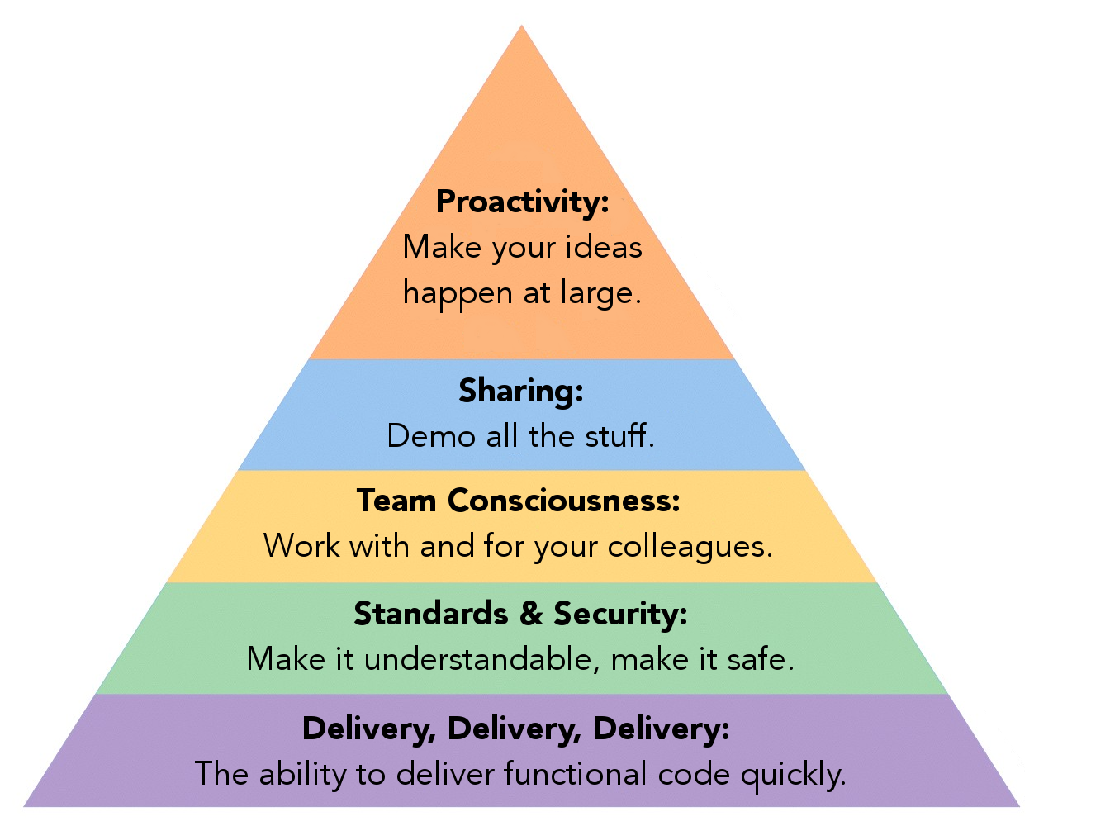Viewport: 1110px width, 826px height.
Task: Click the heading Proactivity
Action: [523, 202]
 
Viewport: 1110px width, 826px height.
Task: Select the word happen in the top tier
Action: [458, 293]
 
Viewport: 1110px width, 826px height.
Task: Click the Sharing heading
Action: [521, 391]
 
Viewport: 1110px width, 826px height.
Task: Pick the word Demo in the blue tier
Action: [431, 436]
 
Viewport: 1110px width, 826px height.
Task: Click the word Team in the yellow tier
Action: [396, 500]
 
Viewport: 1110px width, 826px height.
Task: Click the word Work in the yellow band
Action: [301, 545]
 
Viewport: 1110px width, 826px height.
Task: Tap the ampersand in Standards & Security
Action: [531, 614]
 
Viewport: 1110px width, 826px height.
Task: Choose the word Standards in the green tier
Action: [431, 614]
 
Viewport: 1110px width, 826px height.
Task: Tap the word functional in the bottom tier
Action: [575, 773]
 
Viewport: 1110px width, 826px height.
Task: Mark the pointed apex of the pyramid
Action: [521, 26]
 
